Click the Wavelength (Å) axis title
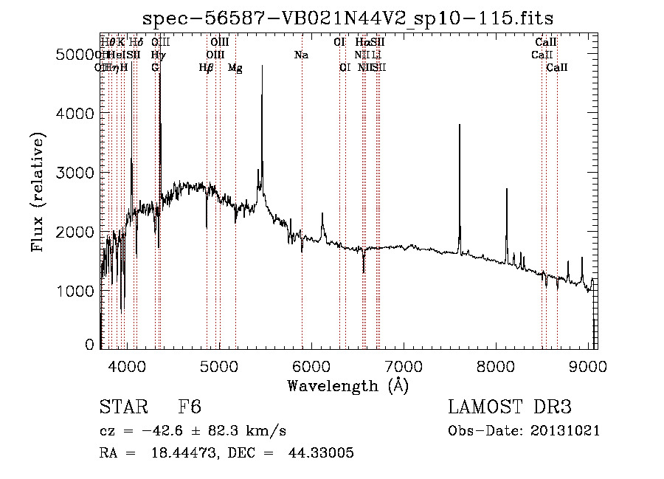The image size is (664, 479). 347,385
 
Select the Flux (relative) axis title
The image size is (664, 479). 38,192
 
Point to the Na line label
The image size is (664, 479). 301,55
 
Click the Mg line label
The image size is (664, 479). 235,68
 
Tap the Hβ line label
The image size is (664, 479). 206,68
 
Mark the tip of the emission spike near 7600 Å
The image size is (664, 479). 460,125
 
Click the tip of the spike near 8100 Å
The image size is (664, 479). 507,190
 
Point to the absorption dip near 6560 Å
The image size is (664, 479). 364,272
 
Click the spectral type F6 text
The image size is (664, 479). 190,407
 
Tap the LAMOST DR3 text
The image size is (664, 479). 510,407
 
